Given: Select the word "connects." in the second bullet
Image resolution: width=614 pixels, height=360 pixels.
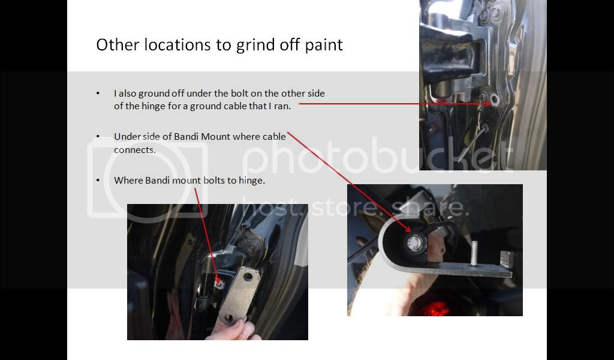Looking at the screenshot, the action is click(135, 150).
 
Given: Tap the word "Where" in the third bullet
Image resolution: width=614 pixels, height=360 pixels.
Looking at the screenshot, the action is click(128, 181).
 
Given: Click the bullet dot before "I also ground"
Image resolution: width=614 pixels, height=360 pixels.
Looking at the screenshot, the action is click(98, 93).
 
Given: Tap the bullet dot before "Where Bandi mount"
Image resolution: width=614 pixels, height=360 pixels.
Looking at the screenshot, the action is click(98, 180).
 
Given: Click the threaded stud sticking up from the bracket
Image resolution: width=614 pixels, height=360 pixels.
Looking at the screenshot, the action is click(475, 253).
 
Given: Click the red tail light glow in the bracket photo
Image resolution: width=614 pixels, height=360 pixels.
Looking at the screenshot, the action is click(435, 308).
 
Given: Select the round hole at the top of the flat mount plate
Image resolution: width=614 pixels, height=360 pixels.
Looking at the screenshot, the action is click(248, 277).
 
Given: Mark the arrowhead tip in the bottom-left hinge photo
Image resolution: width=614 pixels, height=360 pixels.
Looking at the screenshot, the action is click(217, 282).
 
